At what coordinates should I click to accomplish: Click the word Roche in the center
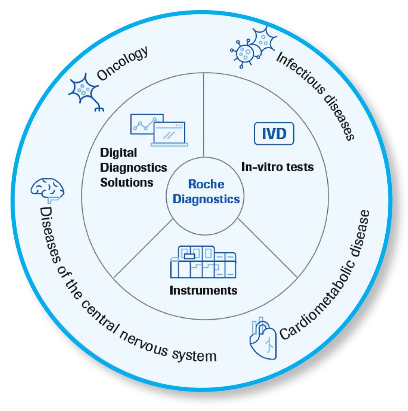coord(206,184)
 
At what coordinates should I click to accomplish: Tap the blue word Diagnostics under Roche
coord(206,200)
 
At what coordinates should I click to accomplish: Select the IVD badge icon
coord(274,133)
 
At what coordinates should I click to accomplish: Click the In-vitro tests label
coord(277,167)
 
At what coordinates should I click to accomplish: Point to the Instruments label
coord(204,290)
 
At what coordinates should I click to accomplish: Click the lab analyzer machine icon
coord(203,262)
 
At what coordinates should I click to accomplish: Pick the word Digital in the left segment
coord(118,153)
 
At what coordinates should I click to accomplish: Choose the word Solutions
coord(127,183)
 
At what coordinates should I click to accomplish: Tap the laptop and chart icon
coord(159,130)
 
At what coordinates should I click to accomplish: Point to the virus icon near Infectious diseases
coord(253,47)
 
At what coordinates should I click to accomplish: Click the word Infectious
coord(301,72)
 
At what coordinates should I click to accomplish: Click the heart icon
coord(263,338)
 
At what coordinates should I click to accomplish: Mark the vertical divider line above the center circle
coord(204,115)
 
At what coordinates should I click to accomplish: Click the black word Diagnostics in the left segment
coord(134,168)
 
